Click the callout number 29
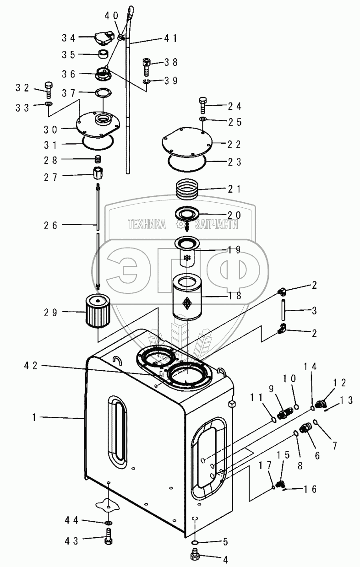[x=51, y=313]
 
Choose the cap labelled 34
[x=105, y=38]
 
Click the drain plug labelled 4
[x=194, y=557]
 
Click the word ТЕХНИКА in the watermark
[x=147, y=224]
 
